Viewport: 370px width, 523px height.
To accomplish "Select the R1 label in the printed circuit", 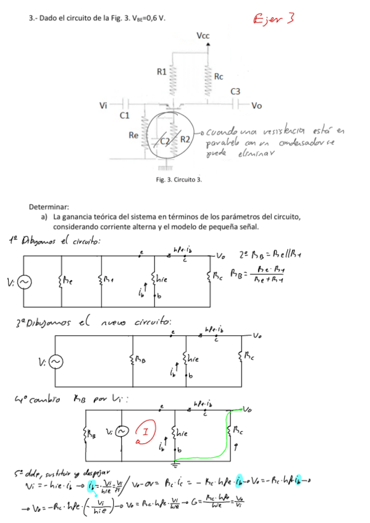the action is coord(162,72).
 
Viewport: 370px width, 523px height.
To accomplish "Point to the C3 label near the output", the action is coord(235,91).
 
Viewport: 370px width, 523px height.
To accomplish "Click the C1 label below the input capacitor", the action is coord(124,115).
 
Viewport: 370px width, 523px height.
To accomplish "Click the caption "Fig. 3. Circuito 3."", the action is coord(179,179).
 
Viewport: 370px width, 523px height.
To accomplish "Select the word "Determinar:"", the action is coord(49,207).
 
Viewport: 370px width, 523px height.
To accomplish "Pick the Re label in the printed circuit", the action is coord(133,134).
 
